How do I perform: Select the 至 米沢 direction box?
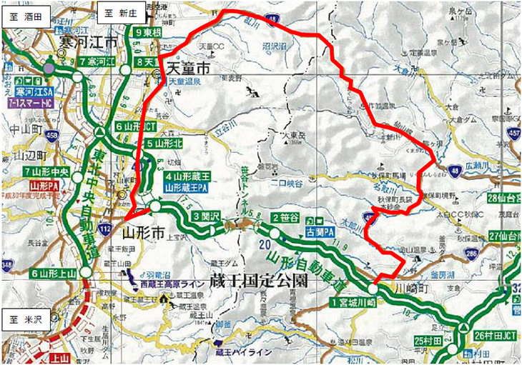pos(26,319)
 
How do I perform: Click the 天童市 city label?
pos(187,69)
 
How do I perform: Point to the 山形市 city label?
pos(144,232)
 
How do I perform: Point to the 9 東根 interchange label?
pos(148,33)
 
